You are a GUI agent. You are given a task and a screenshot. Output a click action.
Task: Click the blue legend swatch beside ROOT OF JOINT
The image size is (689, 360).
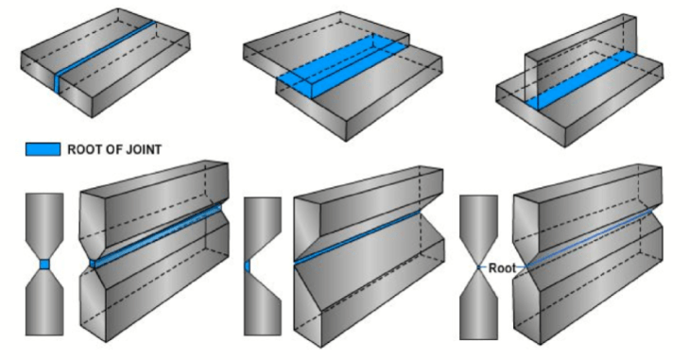[x=42, y=149]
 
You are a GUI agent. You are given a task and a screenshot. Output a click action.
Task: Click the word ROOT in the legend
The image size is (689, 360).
[x=86, y=149]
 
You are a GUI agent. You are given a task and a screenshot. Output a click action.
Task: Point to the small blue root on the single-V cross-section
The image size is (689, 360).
[x=247, y=266]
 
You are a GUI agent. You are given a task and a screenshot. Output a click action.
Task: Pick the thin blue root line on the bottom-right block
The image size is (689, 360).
[x=586, y=241]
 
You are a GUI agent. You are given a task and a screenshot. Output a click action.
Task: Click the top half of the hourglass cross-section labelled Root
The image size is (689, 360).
[x=479, y=227]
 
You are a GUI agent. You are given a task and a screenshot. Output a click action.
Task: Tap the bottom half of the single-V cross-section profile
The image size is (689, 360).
[x=262, y=307]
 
